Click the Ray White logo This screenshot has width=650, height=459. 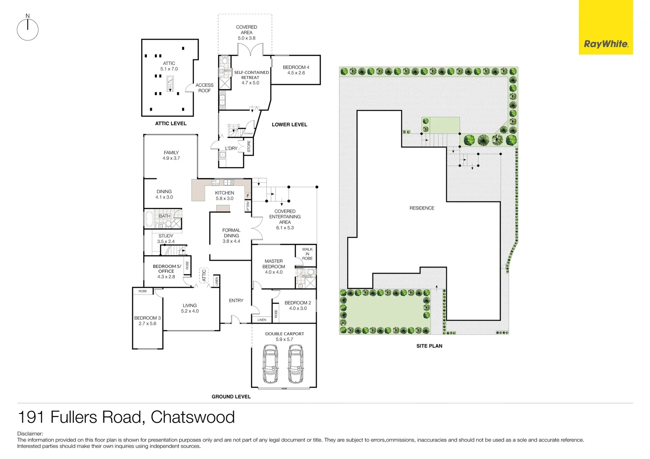pos(606,44)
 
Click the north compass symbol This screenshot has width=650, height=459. pos(28,29)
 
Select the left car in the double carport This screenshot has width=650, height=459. pos(270,364)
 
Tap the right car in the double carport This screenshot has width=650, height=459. pos(296,364)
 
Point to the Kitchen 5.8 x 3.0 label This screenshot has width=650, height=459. pos(225,195)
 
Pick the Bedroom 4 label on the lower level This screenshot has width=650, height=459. pos(296,70)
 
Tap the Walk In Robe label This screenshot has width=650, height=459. pos(307,254)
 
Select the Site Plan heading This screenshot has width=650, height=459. pos(429,346)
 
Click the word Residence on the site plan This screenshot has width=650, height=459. pos(422,208)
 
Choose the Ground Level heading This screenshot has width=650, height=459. pos(231,397)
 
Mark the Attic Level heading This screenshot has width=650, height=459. pos(171,124)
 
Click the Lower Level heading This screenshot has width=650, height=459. pos(289,125)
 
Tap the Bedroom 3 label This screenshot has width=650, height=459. pos(147,320)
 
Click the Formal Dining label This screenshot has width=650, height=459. pos(231,235)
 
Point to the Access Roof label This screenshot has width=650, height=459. pos(204,88)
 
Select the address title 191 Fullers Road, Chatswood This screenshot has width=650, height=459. pos(126,417)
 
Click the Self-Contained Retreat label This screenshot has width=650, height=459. pos(251,77)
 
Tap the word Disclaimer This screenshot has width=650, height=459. pos(30,434)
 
